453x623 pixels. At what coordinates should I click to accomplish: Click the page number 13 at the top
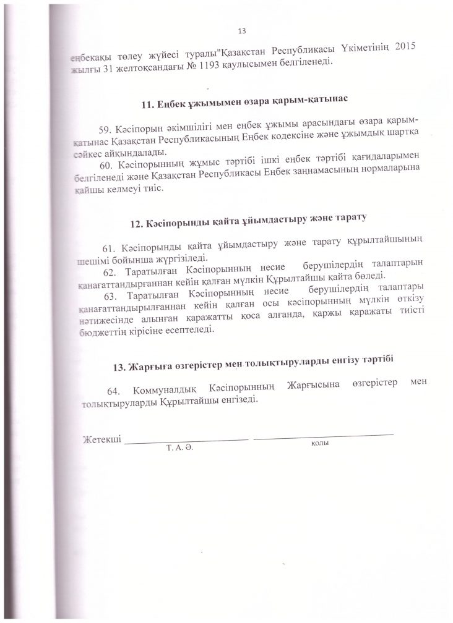click(242, 31)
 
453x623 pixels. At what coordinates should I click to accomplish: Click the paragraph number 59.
click(106, 129)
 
